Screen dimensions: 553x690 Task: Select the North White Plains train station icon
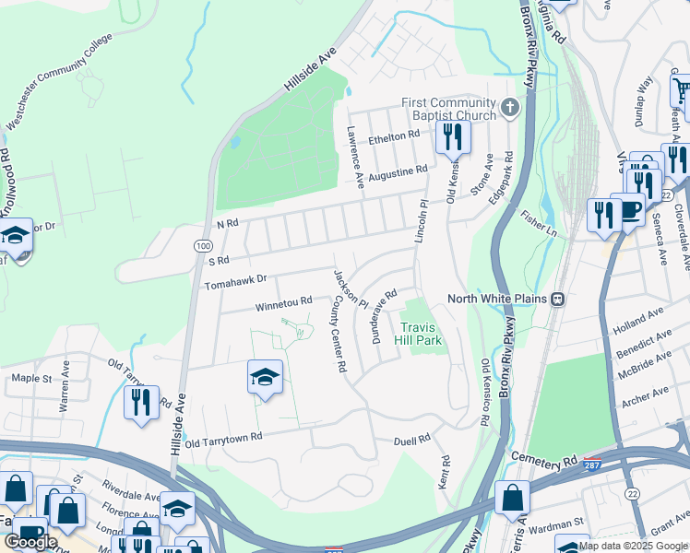[x=557, y=299]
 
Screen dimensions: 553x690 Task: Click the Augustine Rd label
[x=398, y=172]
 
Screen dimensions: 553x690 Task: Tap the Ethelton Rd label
[x=394, y=136]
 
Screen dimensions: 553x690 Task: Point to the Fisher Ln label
[x=540, y=226]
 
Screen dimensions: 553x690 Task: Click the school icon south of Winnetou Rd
[x=265, y=377]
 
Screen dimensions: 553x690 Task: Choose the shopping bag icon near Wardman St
[x=512, y=498]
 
